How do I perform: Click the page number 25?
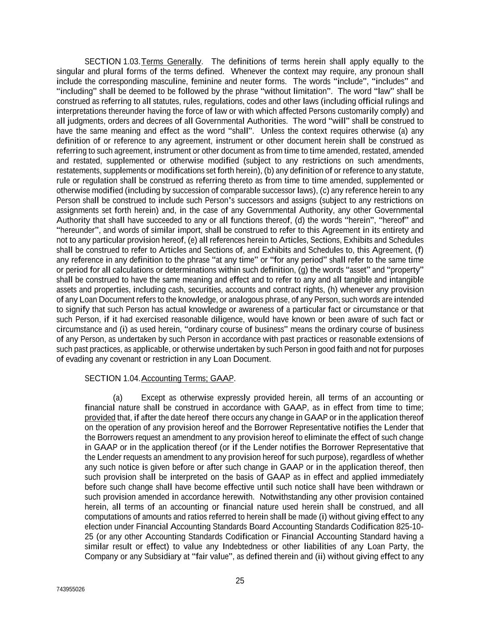(x=240, y=581)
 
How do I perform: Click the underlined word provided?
(x=100, y=418)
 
